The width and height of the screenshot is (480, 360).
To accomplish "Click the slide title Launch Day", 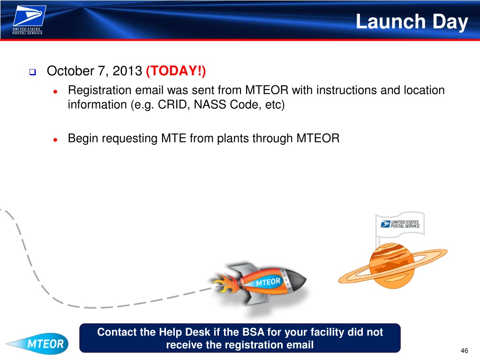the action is click(x=412, y=22).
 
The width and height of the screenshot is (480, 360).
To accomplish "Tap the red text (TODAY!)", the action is click(x=176, y=71).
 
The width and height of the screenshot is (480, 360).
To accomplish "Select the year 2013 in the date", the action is click(x=127, y=71).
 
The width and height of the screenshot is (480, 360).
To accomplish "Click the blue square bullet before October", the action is click(x=32, y=72).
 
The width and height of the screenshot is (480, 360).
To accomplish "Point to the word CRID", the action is click(x=174, y=105).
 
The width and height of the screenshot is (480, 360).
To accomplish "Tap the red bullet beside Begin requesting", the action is click(x=55, y=140).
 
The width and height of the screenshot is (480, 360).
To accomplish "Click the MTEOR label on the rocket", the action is click(x=268, y=282).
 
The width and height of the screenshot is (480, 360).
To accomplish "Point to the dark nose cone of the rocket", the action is click(x=295, y=280).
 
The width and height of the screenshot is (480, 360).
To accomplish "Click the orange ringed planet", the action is click(x=392, y=266).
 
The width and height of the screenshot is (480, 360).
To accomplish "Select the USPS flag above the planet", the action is click(x=400, y=224).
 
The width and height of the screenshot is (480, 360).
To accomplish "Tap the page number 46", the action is click(x=464, y=351).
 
